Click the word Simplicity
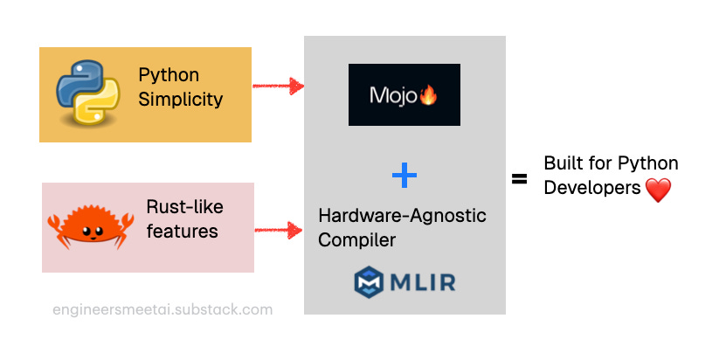pyautogui.click(x=180, y=99)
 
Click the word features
pyautogui.click(x=182, y=232)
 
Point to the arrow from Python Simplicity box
pyautogui.click(x=278, y=86)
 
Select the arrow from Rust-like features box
pyautogui.click(x=278, y=231)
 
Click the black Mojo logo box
pyautogui.click(x=404, y=94)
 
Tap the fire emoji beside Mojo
pyautogui.click(x=428, y=95)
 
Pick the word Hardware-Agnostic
pyautogui.click(x=403, y=215)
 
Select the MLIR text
pyautogui.click(x=425, y=282)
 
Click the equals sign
pyautogui.click(x=520, y=179)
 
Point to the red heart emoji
pyautogui.click(x=657, y=190)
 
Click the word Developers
pyautogui.click(x=592, y=187)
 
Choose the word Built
pyautogui.click(x=563, y=163)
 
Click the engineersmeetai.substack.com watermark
pyautogui.click(x=162, y=309)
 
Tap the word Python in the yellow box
pyautogui.click(x=169, y=75)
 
